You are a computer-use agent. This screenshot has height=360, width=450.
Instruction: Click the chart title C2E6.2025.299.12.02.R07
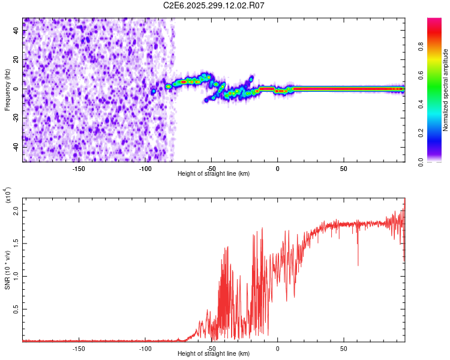214,5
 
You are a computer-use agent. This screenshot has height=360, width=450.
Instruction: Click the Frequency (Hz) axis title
7,90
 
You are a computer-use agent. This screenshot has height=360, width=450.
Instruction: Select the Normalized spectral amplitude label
445,90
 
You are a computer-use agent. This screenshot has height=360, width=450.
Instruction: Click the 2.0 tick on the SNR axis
17,211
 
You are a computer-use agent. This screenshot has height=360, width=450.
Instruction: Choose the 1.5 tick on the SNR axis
17,244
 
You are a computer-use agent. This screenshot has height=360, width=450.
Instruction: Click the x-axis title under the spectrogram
214,174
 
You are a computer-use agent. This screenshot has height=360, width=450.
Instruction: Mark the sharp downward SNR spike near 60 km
358,264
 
